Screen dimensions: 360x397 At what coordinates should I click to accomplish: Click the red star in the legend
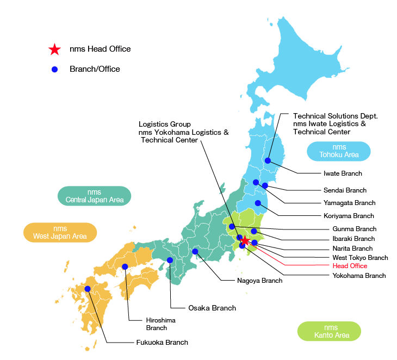pyautogui.click(x=54, y=49)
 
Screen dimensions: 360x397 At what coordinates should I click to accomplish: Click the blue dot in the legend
pyautogui.click(x=54, y=70)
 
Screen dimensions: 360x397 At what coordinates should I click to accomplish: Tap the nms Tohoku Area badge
pyautogui.click(x=338, y=151)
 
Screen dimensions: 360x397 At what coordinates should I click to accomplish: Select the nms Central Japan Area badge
pyautogui.click(x=95, y=196)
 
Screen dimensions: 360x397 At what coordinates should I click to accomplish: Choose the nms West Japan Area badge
pyautogui.click(x=60, y=232)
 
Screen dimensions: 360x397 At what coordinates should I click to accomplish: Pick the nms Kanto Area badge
pyautogui.click(x=329, y=331)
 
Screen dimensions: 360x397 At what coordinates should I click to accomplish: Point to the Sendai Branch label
pyautogui.click(x=345, y=190)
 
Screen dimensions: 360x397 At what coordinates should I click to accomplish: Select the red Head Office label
pyautogui.click(x=349, y=266)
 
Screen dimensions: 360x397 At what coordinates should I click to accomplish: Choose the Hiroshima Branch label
pyautogui.click(x=160, y=324)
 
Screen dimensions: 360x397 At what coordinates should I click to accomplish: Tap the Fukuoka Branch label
pyautogui.click(x=162, y=343)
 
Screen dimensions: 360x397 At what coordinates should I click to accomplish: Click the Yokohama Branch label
pyautogui.click(x=358, y=276)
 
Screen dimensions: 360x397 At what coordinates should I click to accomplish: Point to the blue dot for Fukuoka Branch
pyautogui.click(x=88, y=289)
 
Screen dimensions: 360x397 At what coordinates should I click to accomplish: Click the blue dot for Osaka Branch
pyautogui.click(x=170, y=260)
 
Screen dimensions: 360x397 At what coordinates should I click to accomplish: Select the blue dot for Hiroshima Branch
pyautogui.click(x=125, y=266)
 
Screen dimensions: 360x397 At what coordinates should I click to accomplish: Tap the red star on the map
pyautogui.click(x=245, y=240)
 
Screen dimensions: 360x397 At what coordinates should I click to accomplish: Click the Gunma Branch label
pyautogui.click(x=354, y=229)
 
